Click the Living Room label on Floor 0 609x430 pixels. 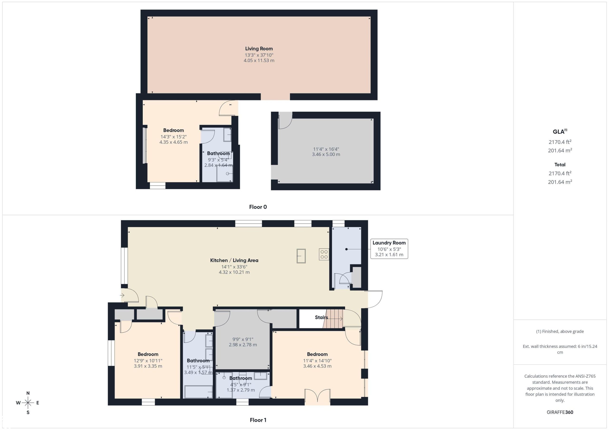[259, 49]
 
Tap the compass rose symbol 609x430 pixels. [28, 403]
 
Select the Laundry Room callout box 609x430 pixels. [389, 249]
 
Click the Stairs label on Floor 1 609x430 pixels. [321, 317]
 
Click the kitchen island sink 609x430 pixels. [301, 256]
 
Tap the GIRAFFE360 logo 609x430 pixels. [560, 412]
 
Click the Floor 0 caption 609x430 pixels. [258, 207]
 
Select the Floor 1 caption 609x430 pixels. [258, 420]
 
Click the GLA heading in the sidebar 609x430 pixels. [560, 131]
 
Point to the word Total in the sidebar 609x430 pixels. [560, 165]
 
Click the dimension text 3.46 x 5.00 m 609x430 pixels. [326, 154]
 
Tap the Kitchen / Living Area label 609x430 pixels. [234, 260]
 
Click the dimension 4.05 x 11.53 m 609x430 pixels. [259, 60]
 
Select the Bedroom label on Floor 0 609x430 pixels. [173, 130]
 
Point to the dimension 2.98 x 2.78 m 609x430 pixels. [243, 345]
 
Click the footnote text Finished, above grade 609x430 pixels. [563, 331]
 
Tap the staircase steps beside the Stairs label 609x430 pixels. [333, 319]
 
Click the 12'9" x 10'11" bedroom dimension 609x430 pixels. [148, 361]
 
